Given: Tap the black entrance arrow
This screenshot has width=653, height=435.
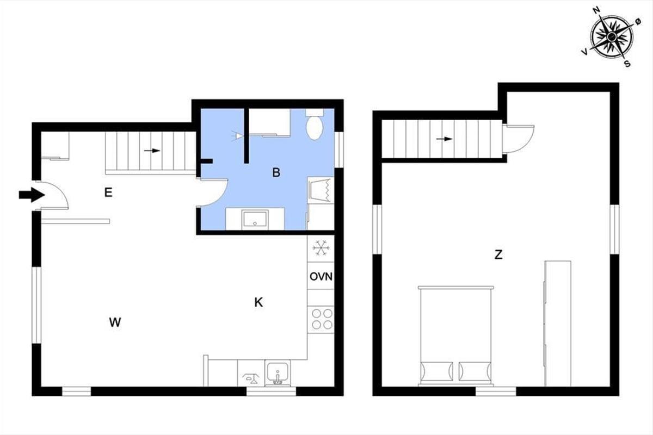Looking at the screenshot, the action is click(32, 195).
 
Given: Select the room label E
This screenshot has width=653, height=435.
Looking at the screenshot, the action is click(108, 192).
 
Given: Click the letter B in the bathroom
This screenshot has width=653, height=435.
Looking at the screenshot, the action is click(276, 172).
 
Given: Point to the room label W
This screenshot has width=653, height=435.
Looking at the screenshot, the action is click(115, 322).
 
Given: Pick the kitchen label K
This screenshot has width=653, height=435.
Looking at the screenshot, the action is click(258, 302).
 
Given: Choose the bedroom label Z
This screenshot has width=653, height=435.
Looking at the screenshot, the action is click(498, 255).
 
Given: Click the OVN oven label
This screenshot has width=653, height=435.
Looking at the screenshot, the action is click(321, 277).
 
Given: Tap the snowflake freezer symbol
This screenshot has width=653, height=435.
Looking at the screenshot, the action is click(321, 248).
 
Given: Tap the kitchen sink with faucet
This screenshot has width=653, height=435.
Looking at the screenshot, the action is click(278, 374).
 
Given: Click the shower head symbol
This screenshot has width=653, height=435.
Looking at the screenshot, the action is click(238, 136).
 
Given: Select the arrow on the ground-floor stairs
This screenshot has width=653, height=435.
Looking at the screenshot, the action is click(152, 151).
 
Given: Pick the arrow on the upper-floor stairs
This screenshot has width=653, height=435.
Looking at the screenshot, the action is click(444, 139).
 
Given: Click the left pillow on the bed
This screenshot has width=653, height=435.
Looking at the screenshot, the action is click(437, 371).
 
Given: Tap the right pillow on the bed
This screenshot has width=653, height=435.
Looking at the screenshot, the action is click(475, 371).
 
